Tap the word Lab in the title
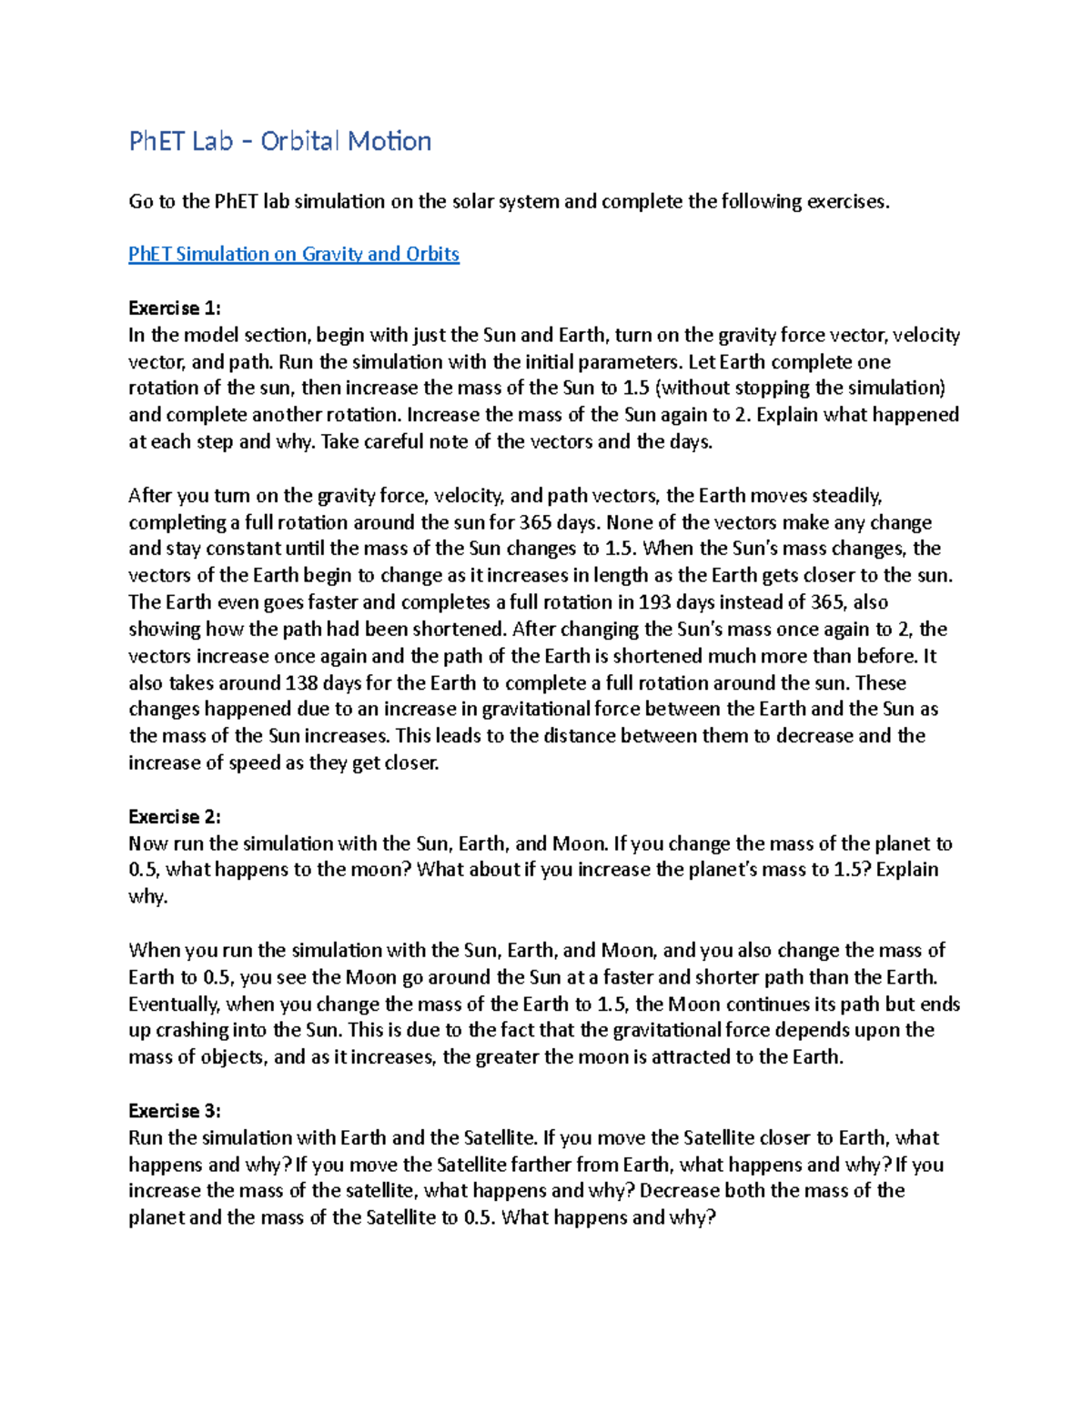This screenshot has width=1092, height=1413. pyautogui.click(x=207, y=141)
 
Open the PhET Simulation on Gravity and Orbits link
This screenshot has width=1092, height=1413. pyautogui.click(x=293, y=254)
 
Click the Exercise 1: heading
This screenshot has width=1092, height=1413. pyautogui.click(x=174, y=308)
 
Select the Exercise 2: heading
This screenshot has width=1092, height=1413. pyautogui.click(x=174, y=816)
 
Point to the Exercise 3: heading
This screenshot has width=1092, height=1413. pyautogui.click(x=174, y=1111)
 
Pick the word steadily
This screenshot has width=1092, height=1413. pyautogui.click(x=844, y=496)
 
